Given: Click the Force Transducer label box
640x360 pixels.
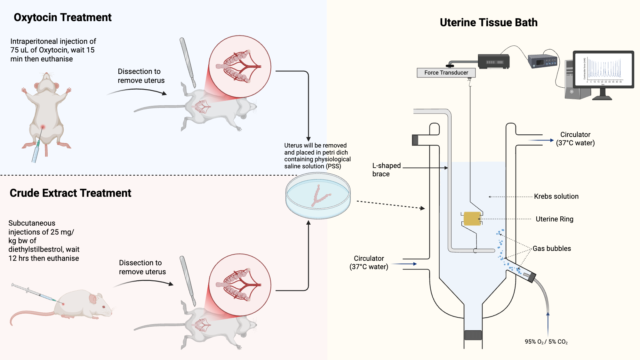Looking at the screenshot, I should tap(446, 73).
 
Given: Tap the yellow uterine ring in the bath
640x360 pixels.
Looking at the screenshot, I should tap(472, 219).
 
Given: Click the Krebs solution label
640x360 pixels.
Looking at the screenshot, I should tap(556, 196).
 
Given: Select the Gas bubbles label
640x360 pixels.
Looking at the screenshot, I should tap(552, 249).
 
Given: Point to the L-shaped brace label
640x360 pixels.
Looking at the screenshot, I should tap(386, 170).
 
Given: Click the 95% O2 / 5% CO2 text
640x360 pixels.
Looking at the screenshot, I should tap(546, 342).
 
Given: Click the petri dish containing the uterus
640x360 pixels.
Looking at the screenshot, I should tap(318, 196).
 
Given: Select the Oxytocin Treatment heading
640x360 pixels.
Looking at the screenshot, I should tap(62, 17).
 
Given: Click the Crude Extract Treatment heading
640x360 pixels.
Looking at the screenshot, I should tap(70, 193).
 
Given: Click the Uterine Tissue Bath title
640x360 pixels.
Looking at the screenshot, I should tap(489, 22).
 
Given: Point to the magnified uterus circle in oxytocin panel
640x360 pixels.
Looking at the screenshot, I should tap(240, 67).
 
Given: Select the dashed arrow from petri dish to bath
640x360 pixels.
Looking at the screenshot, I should tap(390, 205).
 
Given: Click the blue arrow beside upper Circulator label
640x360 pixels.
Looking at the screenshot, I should tap(541, 140).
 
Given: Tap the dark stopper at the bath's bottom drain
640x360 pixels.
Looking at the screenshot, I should tap(473, 335).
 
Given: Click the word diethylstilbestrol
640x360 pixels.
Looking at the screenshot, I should tap(36, 249).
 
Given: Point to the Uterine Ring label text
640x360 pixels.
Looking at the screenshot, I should tap(554, 219).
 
